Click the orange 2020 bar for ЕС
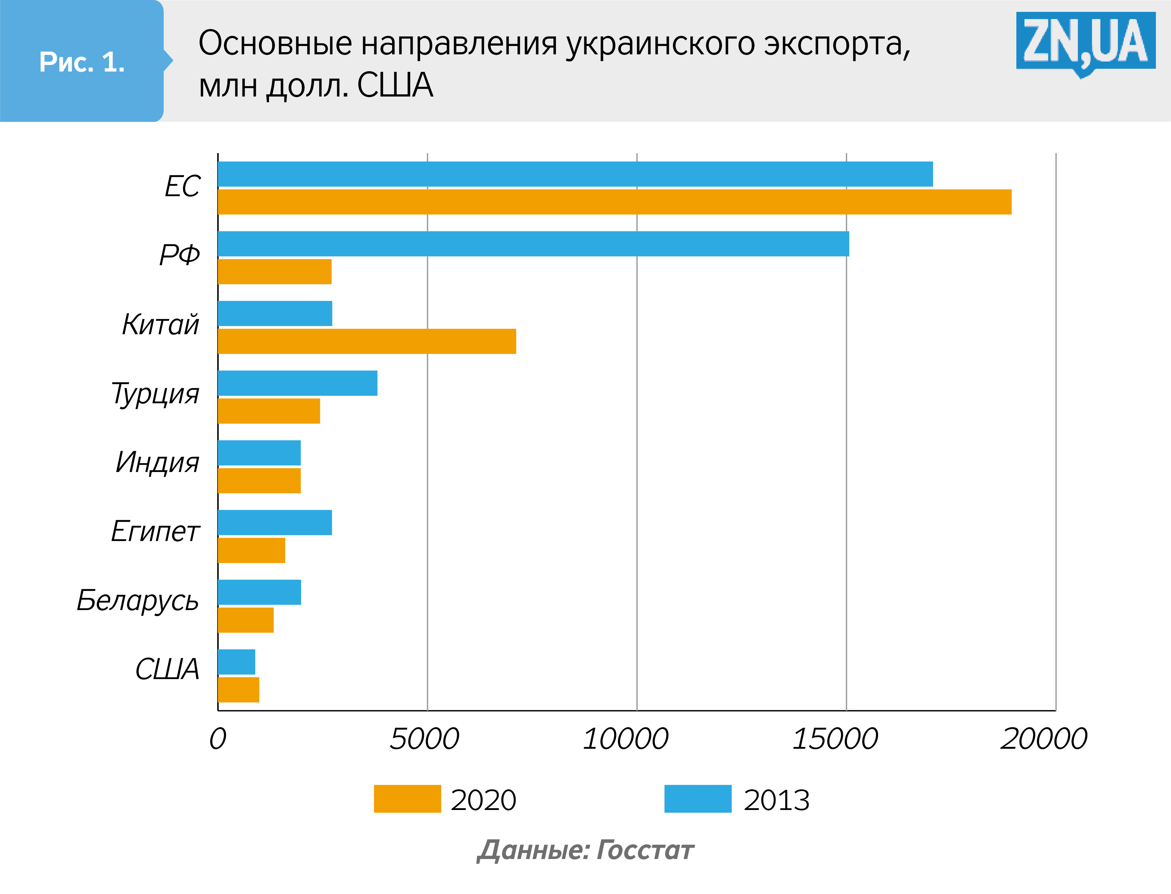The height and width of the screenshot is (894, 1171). pyautogui.click(x=615, y=202)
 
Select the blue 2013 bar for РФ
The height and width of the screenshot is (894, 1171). pyautogui.click(x=533, y=244)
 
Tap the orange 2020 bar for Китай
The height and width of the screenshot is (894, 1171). pyautogui.click(x=367, y=341)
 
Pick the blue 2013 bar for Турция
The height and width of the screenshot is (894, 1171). pyautogui.click(x=297, y=383)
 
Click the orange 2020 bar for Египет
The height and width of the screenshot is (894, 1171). pyautogui.click(x=251, y=550)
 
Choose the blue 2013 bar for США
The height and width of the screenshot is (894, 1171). pyautogui.click(x=236, y=662)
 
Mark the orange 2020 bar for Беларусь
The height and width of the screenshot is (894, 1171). pyautogui.click(x=245, y=620)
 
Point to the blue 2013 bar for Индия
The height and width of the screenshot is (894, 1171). pyautogui.click(x=259, y=453)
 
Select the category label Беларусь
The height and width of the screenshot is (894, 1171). pyautogui.click(x=138, y=600)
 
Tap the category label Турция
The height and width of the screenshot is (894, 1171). pyautogui.click(x=155, y=394)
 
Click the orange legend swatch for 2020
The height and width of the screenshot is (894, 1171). pyautogui.click(x=407, y=799)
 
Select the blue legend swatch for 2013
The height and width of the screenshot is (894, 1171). pyautogui.click(x=698, y=799)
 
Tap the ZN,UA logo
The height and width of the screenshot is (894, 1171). pyautogui.click(x=1085, y=42)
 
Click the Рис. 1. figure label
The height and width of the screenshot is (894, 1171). pyautogui.click(x=82, y=62)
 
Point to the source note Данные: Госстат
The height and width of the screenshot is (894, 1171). pyautogui.click(x=585, y=850)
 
